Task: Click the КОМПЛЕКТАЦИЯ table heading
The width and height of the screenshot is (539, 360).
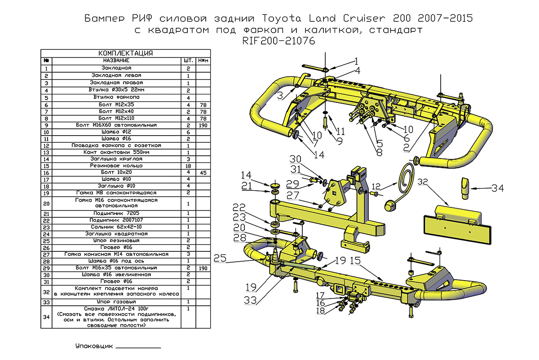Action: [125, 53]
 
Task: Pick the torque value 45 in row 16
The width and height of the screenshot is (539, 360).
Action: [203, 172]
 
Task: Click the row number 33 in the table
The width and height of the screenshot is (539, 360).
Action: [46, 302]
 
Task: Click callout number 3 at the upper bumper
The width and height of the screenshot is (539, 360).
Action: [280, 95]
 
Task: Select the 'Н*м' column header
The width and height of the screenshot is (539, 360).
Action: [203, 60]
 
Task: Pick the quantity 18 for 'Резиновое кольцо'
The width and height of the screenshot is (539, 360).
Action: [188, 165]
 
